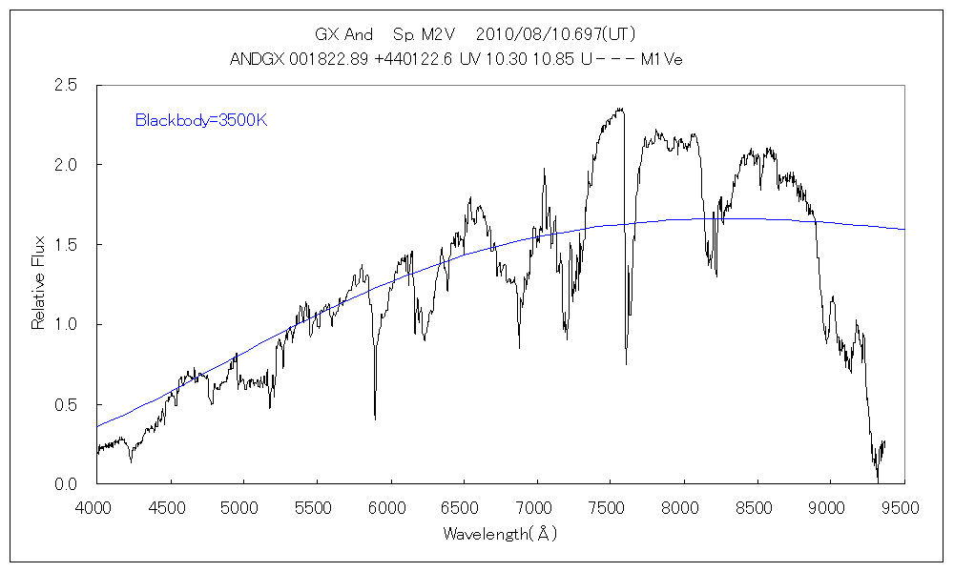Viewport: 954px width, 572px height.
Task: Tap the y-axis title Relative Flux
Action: [x=39, y=284]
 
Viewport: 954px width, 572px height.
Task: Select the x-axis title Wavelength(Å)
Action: [x=499, y=535]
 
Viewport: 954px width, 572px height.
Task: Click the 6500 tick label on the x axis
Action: [x=464, y=508]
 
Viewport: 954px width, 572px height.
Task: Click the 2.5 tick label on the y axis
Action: [x=67, y=86]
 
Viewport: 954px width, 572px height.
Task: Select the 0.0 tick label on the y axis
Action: [x=67, y=484]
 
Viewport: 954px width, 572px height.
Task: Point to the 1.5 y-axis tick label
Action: [x=67, y=245]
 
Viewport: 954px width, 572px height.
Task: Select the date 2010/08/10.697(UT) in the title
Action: [x=554, y=33]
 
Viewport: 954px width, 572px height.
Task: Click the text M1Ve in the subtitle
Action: [x=661, y=59]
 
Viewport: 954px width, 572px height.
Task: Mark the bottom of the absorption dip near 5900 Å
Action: [x=375, y=418]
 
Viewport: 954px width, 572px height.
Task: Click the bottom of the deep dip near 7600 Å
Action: [x=626, y=364]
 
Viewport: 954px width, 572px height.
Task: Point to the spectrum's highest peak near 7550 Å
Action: [x=621, y=109]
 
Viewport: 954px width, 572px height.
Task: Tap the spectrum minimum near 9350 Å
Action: [x=878, y=480]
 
